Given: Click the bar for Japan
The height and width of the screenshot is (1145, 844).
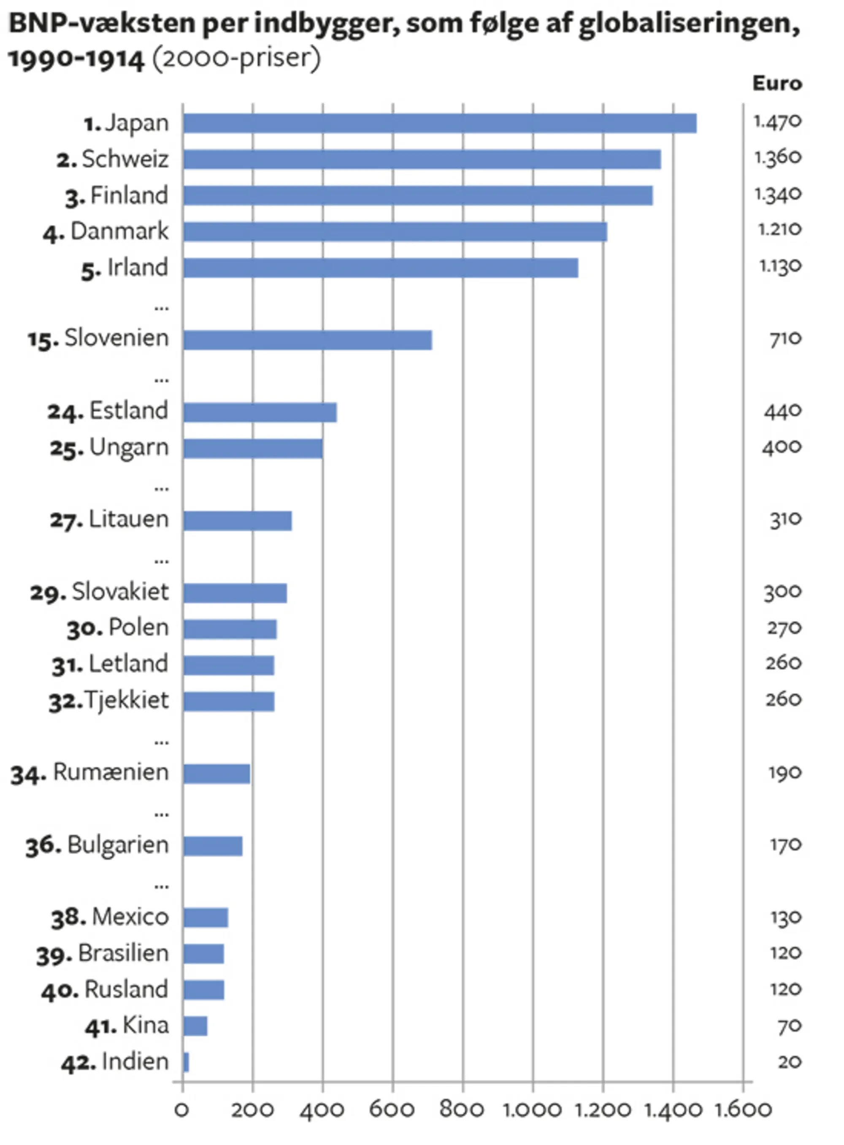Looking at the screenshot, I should (439, 123).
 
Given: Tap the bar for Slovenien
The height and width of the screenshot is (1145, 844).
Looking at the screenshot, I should (307, 340).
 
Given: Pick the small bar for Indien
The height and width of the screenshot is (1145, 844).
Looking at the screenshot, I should (186, 1062).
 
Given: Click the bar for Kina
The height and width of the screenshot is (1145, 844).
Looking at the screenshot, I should (195, 1026).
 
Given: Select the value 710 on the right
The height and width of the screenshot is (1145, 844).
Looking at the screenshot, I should (785, 339).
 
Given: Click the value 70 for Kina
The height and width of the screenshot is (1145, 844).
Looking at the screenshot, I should (789, 1026).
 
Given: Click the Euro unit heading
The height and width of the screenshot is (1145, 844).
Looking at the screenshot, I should (776, 83).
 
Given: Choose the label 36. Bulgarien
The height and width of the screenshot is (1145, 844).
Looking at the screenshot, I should (97, 846).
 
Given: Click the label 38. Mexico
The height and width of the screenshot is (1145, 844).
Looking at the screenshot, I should (110, 918).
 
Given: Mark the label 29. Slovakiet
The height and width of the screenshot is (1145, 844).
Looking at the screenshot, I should (99, 592).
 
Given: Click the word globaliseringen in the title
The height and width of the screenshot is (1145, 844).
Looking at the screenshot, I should (689, 24).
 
